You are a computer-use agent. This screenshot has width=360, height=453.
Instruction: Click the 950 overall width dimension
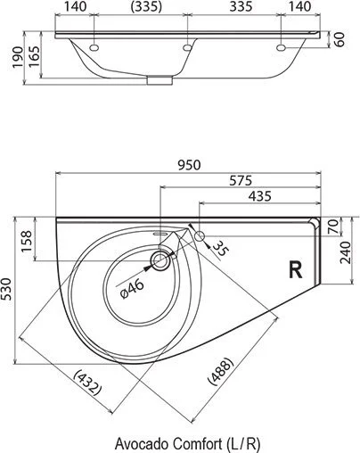[188, 164]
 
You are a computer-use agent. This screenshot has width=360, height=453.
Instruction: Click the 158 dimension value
[27, 241]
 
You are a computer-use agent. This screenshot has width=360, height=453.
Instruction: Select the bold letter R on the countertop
[294, 267]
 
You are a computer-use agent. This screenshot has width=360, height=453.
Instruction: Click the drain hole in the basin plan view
[160, 261]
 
